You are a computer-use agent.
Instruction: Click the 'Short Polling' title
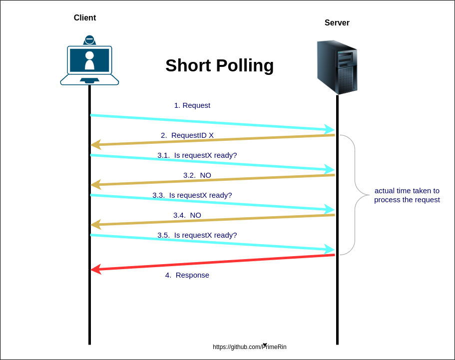click(x=219, y=65)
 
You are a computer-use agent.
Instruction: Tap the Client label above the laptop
click(x=85, y=18)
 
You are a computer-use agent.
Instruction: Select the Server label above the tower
click(x=337, y=23)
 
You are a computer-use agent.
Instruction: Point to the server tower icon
click(x=337, y=67)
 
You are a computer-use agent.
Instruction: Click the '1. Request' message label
click(x=192, y=105)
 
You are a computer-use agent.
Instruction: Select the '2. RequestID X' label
click(x=187, y=135)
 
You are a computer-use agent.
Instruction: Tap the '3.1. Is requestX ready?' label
click(x=197, y=155)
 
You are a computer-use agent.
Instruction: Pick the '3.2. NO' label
click(x=197, y=175)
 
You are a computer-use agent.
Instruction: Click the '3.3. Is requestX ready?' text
click(x=192, y=195)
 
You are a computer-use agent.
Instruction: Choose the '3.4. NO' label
click(x=187, y=215)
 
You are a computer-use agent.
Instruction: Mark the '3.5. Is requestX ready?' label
click(x=197, y=235)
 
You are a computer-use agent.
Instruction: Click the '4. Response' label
click(x=187, y=275)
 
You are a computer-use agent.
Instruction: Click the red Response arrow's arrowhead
click(x=95, y=269)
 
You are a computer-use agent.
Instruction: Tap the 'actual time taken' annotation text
click(x=407, y=195)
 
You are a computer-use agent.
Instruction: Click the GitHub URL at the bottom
click(x=250, y=347)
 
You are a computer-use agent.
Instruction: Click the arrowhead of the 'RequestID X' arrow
click(x=95, y=145)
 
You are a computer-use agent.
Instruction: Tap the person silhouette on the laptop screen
click(x=89, y=60)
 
